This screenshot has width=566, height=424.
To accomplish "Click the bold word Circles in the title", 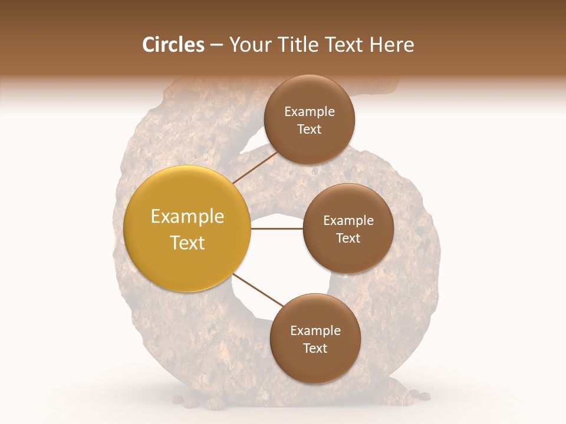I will (x=173, y=45).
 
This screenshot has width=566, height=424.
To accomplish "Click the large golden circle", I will (x=187, y=228).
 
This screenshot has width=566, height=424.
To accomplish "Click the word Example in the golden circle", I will (x=187, y=217).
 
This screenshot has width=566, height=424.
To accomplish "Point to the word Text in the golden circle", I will (x=187, y=243).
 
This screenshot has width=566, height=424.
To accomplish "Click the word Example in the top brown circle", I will (x=309, y=112).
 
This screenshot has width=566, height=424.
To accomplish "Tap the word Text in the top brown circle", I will (x=309, y=130).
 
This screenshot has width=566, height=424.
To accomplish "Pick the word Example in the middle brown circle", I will (x=348, y=221).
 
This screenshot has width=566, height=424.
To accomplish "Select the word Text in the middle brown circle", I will (x=348, y=238).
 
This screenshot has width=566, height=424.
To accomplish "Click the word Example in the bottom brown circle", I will (x=315, y=331).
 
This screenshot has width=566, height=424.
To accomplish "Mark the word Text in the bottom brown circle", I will (x=315, y=349).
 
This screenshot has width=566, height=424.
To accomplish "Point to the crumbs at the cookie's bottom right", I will (x=420, y=395).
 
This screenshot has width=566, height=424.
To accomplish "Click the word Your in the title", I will (x=249, y=45).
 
